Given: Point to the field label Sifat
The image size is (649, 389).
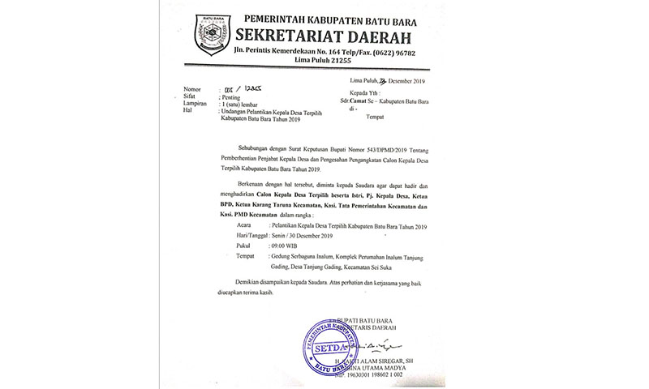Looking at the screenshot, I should (x=191, y=96).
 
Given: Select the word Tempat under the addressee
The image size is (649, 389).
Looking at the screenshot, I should (x=378, y=116).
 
